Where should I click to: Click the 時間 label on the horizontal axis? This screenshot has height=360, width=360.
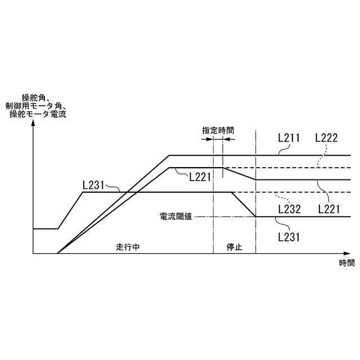coord(347,263)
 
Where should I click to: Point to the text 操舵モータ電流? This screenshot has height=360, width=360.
coord(38,114)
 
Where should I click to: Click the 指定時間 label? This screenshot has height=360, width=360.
coord(218,130)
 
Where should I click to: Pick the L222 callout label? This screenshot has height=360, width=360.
coord(327,137)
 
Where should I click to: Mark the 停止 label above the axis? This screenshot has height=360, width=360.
coord(234,247)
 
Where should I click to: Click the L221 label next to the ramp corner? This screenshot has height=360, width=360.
coord(200,177)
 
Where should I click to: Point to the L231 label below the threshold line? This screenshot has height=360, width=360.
coord(289,237)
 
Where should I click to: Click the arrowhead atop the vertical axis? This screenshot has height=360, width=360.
coord(34,124)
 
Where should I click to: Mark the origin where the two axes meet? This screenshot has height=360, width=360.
coord(34,254)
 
